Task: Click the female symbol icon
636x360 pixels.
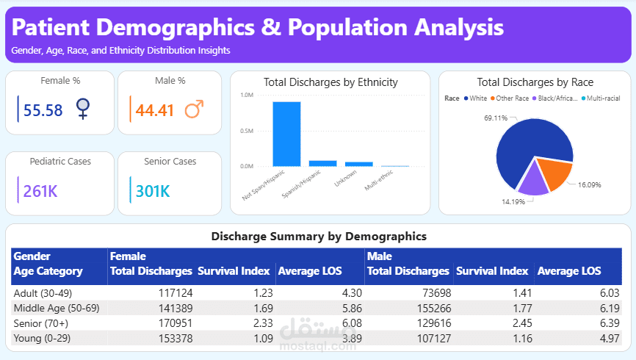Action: click(83, 110)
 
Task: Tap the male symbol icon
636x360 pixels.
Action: click(194, 110)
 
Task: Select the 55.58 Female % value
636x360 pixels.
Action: click(43, 110)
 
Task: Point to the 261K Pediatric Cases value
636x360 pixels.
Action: click(40, 192)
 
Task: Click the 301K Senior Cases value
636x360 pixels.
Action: click(153, 192)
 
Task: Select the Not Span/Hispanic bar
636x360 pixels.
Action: click(286, 134)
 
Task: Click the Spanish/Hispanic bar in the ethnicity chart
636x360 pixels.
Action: click(322, 163)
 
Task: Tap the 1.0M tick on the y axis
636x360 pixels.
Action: click(247, 96)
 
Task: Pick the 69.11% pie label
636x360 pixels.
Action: click(496, 118)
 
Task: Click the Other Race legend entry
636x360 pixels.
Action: click(512, 98)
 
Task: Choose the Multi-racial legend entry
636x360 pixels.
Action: click(603, 98)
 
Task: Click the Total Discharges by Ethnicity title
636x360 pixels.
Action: click(330, 82)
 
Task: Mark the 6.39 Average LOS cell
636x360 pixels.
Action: click(602, 323)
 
